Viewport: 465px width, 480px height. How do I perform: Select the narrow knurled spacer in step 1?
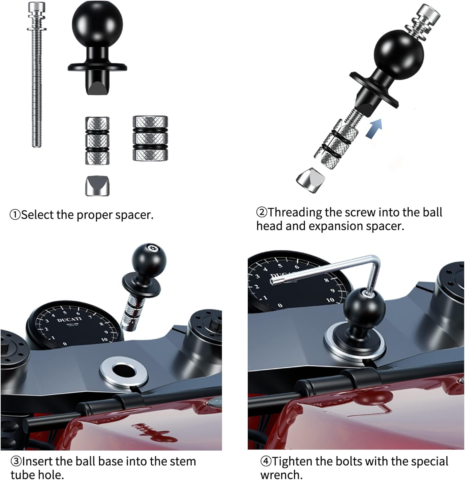point(97,140)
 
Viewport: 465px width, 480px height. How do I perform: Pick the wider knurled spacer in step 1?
point(150,138)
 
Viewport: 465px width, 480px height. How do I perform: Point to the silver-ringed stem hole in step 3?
point(123,372)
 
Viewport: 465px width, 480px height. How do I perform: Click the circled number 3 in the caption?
point(16,461)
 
